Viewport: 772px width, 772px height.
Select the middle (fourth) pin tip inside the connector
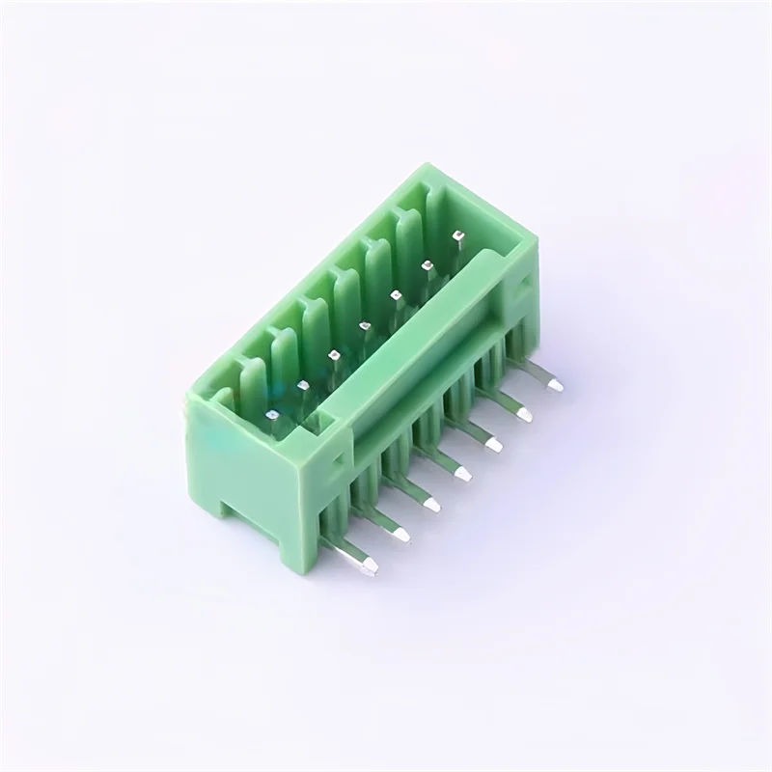pos(364,326)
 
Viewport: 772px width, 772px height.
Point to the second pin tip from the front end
pos(302,386)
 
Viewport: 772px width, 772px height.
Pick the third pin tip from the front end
pos(333,356)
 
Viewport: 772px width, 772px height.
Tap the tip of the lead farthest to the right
pos(555,383)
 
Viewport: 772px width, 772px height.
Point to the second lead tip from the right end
pos(525,413)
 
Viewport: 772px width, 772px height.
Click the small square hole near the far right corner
pos(524,281)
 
